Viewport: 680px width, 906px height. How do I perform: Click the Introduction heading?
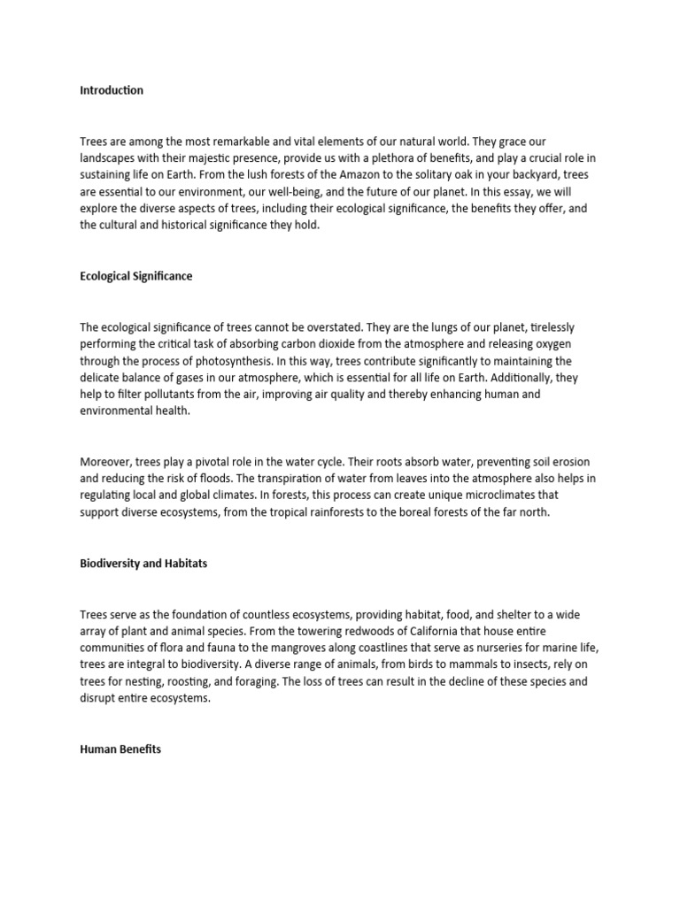pyautogui.click(x=112, y=90)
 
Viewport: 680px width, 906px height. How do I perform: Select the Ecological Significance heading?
pyautogui.click(x=135, y=276)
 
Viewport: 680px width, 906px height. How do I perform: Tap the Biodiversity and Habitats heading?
pyautogui.click(x=143, y=563)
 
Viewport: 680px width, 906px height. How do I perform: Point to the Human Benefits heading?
pyautogui.click(x=120, y=749)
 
